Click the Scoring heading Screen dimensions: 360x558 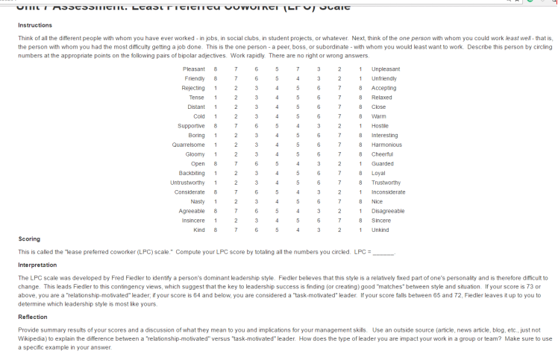pyautogui.click(x=28, y=239)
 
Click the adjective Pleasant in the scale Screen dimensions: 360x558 pyautogui.click(x=193, y=69)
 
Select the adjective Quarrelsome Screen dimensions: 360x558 pyautogui.click(x=189, y=145)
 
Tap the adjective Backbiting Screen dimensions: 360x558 pyautogui.click(x=191, y=173)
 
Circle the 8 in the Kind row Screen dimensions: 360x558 pyautogui.click(x=216, y=230)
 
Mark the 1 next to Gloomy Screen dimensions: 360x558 pyautogui.click(x=216, y=154)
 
